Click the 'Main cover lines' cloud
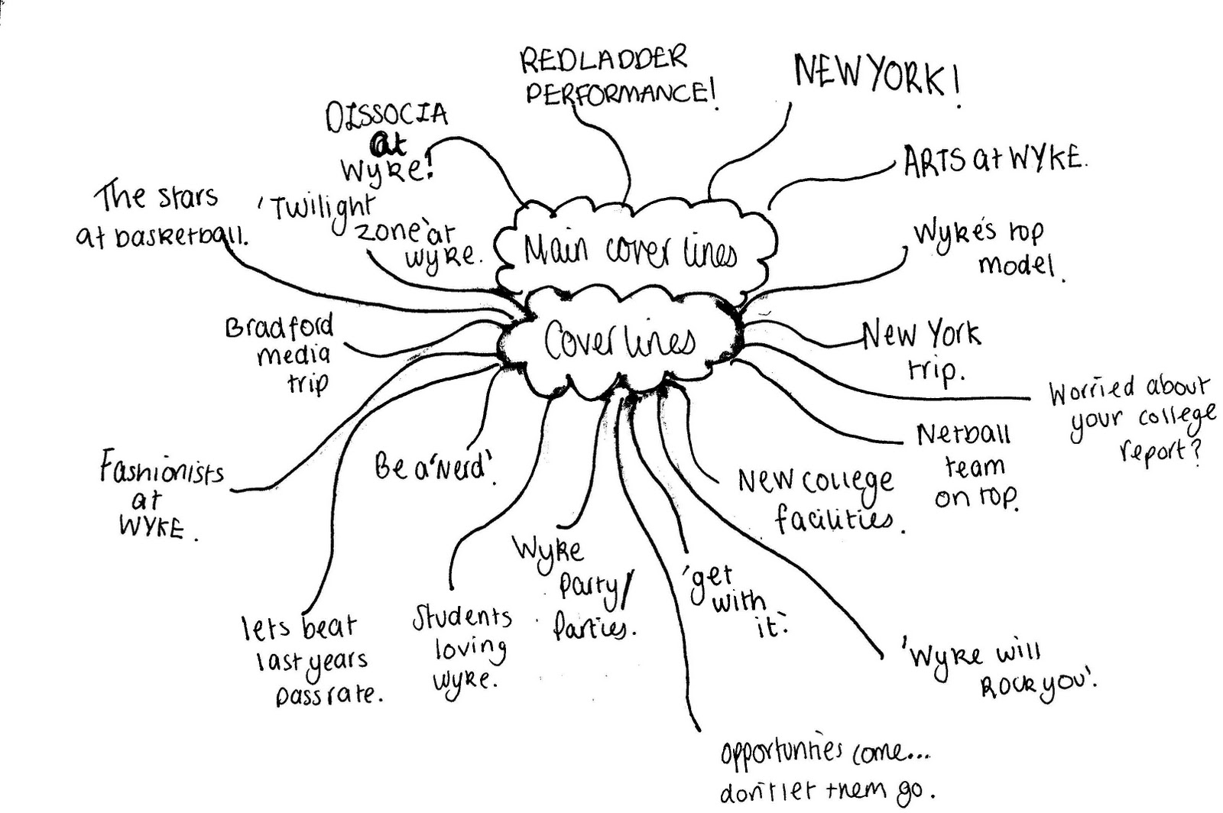point(631,250)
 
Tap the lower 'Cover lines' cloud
point(619,342)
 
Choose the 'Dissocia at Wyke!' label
point(387,142)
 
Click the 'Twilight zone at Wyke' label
point(375,229)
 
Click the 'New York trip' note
point(922,350)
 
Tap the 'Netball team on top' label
point(967,465)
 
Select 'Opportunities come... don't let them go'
point(826,772)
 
